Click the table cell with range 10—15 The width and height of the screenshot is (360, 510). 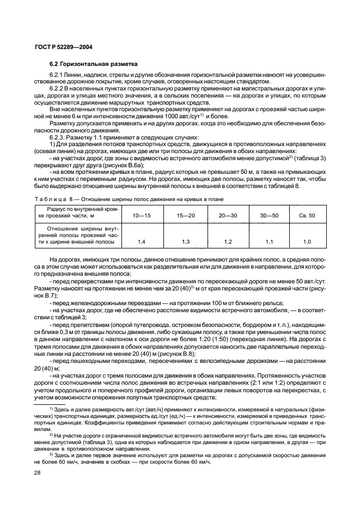click(x=141, y=216)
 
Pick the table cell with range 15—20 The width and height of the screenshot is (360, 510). click(x=186, y=216)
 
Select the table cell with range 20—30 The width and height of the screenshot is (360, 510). click(x=228, y=216)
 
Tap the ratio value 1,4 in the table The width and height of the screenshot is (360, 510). click(x=141, y=240)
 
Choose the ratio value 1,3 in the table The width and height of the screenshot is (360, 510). click(x=186, y=240)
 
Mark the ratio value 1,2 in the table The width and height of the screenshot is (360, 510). click(x=228, y=240)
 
